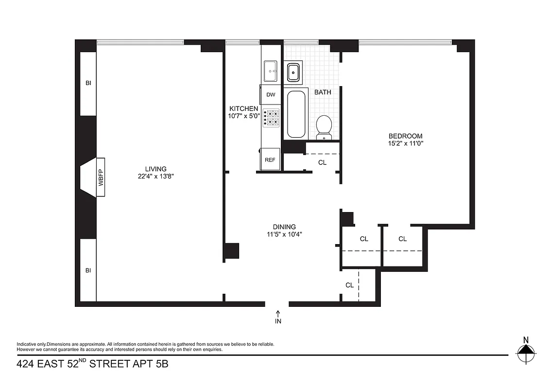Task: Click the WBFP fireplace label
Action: coord(101,177)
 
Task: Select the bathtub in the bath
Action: coord(296,114)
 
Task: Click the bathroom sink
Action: coord(293,72)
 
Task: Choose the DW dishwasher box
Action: coord(271,95)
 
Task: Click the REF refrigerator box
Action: coord(270,159)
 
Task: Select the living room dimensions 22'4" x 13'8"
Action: coord(155,177)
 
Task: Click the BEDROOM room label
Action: coord(405,136)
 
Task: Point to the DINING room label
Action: coord(284,227)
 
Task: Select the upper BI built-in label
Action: coord(88,83)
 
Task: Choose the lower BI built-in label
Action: coord(88,270)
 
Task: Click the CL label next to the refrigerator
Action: coord(322,162)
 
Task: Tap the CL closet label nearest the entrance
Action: coord(349,285)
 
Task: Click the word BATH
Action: coord(323,92)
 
